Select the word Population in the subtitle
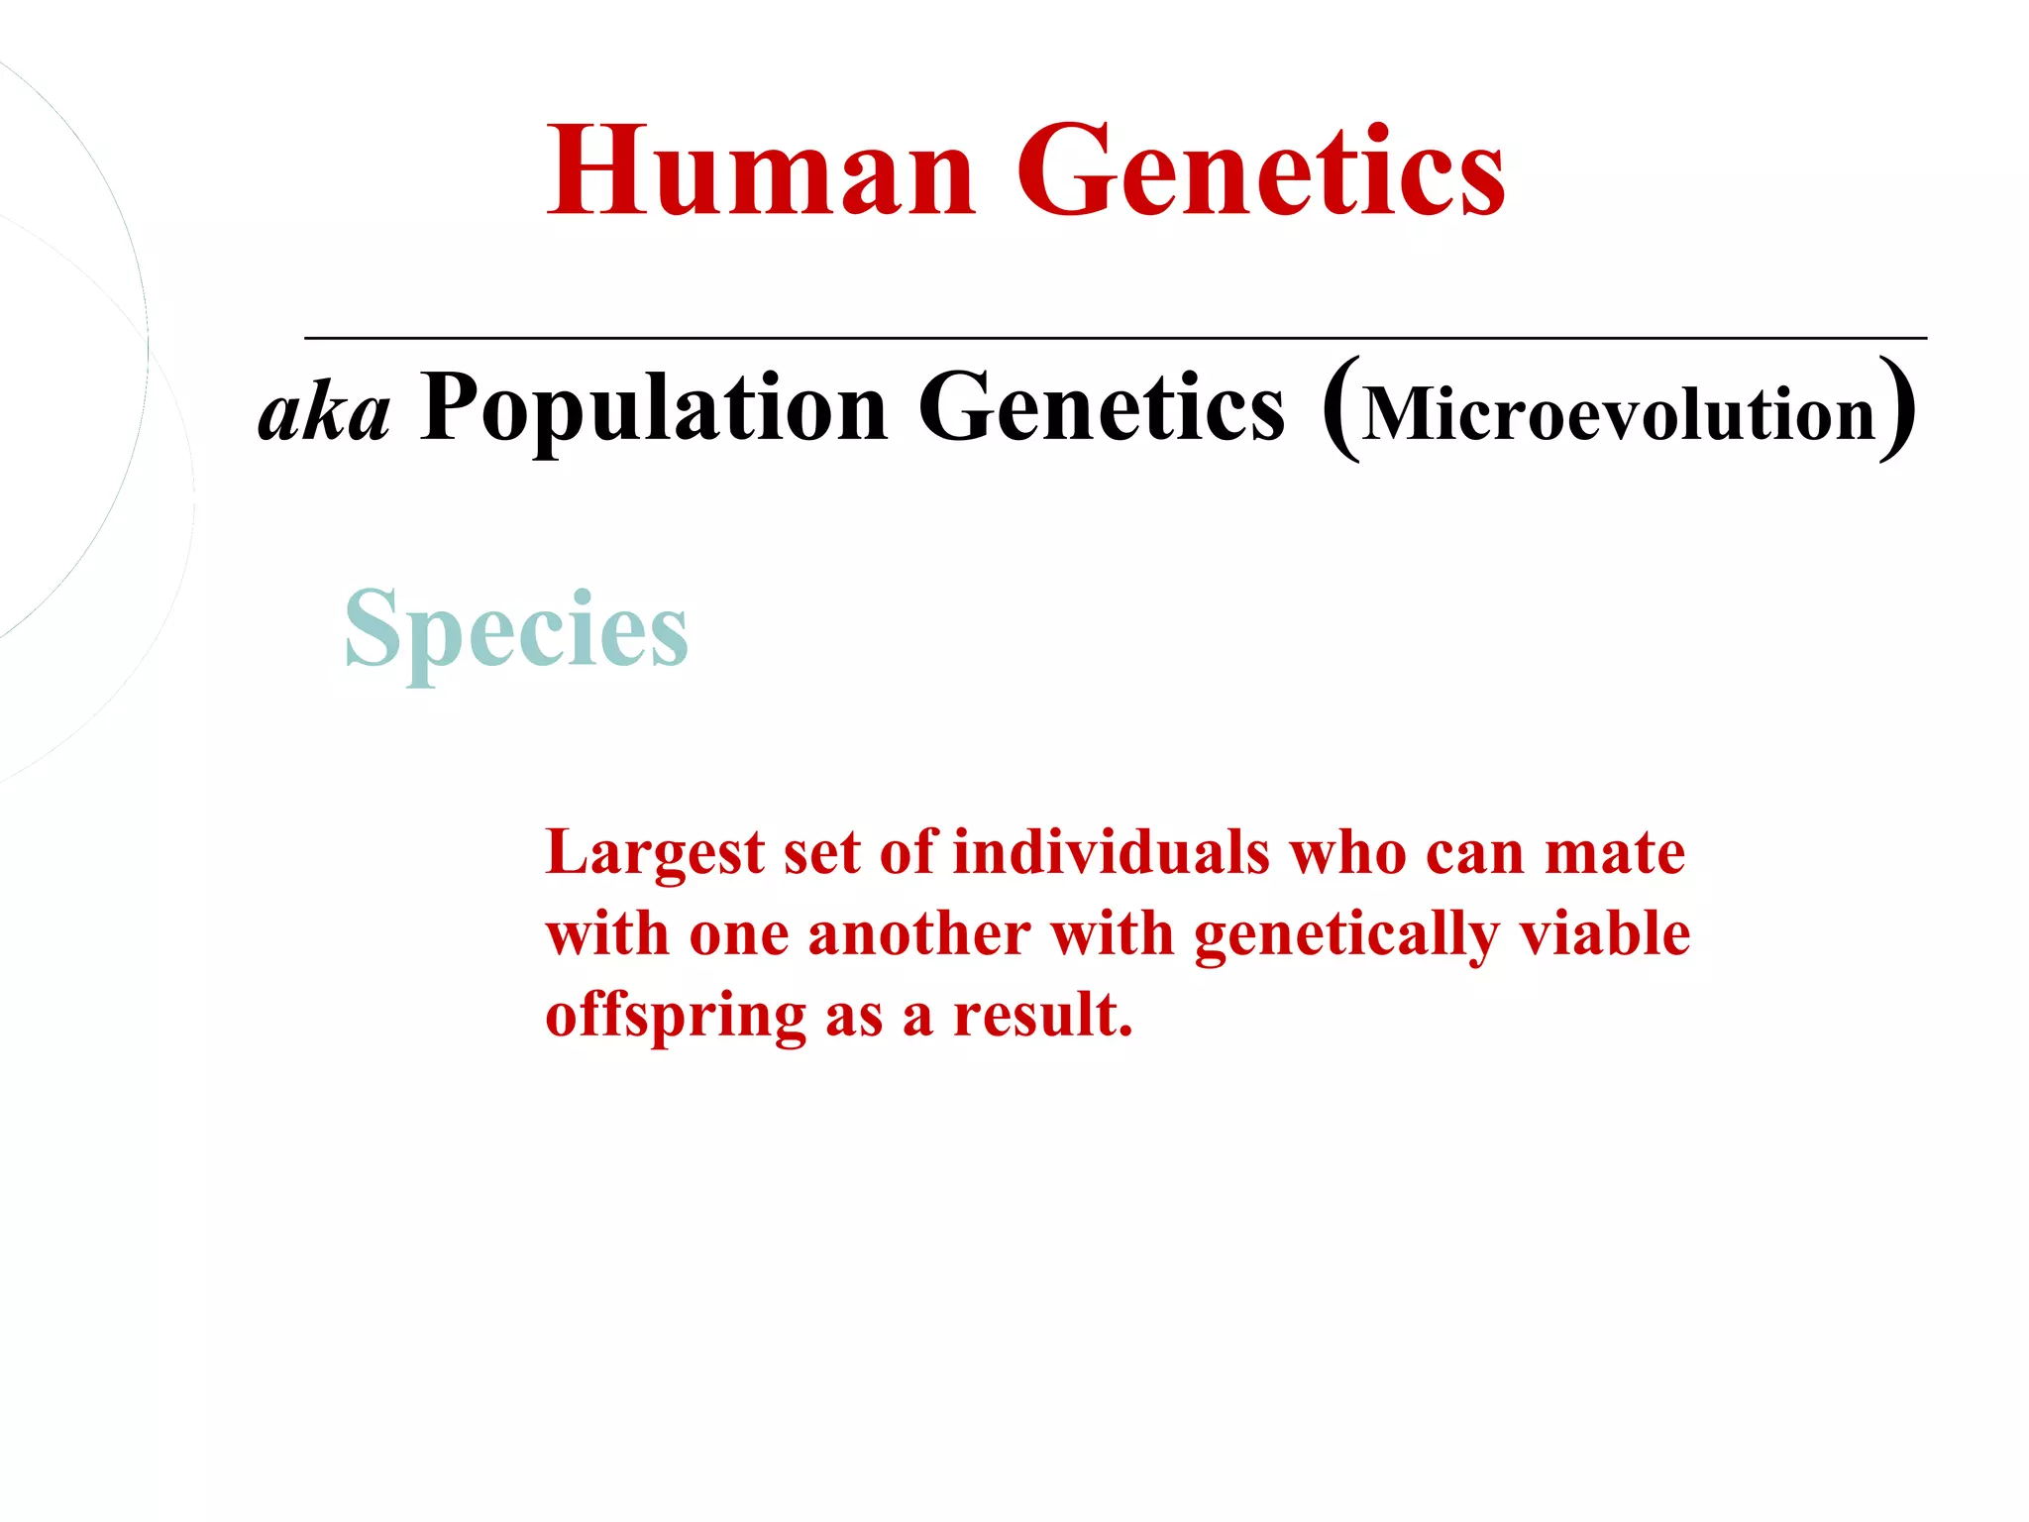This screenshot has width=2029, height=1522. pos(654,409)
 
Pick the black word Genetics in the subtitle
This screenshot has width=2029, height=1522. pos(1102,409)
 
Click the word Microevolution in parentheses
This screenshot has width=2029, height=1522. pos(1619,414)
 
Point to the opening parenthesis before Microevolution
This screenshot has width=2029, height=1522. pos(1340,409)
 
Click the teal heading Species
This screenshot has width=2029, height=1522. pos(515,630)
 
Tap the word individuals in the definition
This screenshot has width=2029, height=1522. pos(1111,852)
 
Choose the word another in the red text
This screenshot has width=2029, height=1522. pos(919,934)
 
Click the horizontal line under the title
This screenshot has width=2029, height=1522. pos(1115,338)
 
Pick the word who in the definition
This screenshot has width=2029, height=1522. pos(1347,852)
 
